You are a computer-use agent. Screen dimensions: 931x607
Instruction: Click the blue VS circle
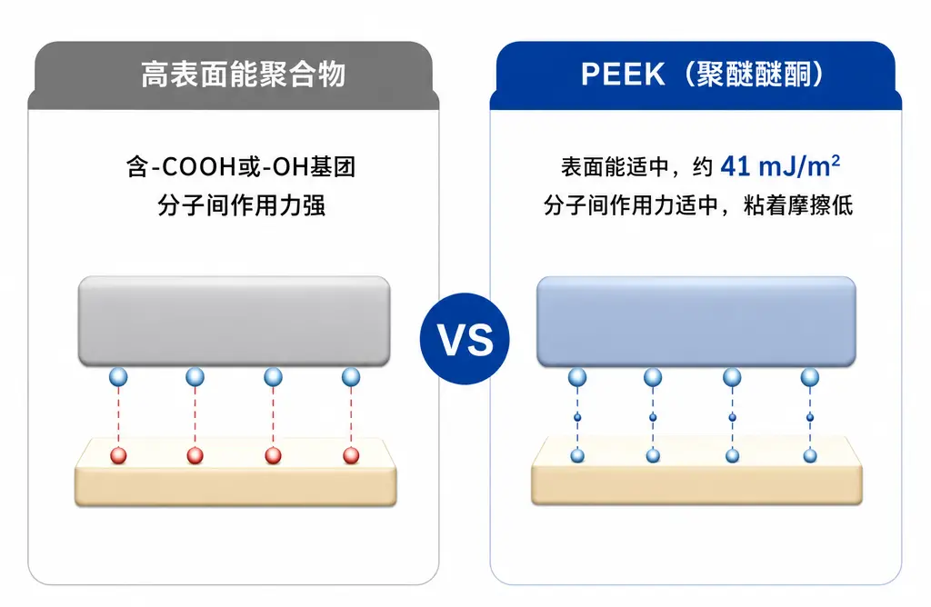point(465,339)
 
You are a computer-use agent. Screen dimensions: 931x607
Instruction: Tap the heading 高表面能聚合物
point(244,75)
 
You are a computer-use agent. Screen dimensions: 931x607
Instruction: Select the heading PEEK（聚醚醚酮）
point(703,75)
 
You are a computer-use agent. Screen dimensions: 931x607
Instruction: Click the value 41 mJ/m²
point(780,166)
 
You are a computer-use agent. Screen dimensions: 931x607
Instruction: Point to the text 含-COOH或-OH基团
point(240,166)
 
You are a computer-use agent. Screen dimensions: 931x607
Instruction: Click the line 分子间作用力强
point(242,205)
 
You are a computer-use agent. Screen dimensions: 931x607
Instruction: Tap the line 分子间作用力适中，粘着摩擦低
point(698,205)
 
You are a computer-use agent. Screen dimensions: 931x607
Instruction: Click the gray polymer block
point(234,321)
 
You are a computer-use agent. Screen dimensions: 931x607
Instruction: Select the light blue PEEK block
point(696,322)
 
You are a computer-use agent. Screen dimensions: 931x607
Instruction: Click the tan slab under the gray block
point(235,473)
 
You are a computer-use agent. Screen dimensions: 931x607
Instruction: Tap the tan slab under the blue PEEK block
point(696,472)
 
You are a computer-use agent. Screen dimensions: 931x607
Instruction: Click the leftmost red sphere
point(119,455)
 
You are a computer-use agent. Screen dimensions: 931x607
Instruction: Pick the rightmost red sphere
point(351,455)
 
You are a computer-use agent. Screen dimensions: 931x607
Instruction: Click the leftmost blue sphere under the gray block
point(118,377)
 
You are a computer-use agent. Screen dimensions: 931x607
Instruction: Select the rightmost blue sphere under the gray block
point(351,377)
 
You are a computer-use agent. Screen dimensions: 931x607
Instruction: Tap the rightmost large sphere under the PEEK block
point(810,377)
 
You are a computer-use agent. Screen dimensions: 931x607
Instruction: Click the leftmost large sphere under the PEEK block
point(577,377)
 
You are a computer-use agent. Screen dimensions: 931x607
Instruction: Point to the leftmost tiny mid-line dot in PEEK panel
point(577,417)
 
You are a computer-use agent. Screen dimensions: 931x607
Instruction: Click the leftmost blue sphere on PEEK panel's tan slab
point(577,455)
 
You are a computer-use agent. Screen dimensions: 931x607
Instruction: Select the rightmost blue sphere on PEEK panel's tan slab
point(810,455)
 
